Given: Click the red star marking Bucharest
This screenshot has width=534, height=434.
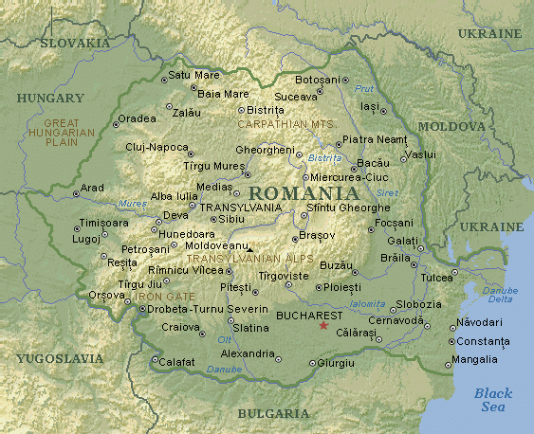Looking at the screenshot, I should point(323,326).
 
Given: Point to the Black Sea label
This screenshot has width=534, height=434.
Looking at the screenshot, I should point(492,400).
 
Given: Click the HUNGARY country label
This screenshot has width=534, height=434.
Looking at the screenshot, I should point(50,98).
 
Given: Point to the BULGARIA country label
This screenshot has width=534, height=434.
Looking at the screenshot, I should point(273,413).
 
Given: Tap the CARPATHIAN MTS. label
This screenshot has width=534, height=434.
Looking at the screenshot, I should point(285,124).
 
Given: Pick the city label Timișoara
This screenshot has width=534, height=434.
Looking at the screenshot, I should point(104,223).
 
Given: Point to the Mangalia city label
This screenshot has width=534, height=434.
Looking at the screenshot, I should point(474,359).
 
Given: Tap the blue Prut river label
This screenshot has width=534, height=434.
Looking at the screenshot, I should point(364,88).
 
